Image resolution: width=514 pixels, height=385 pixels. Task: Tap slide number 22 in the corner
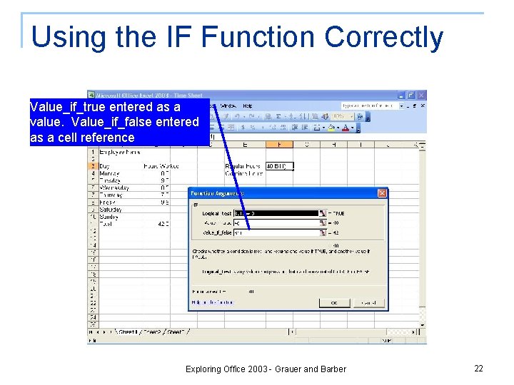(478, 368)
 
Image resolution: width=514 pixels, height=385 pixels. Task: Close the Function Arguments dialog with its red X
(382, 193)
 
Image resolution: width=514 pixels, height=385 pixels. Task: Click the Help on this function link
(213, 302)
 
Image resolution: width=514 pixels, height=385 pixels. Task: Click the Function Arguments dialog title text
(218, 193)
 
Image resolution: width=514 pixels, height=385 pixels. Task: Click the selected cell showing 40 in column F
(279, 166)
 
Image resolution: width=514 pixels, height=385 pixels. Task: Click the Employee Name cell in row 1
(119, 151)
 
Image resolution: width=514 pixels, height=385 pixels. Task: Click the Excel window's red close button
(421, 95)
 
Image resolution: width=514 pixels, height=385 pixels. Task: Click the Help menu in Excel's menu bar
(248, 106)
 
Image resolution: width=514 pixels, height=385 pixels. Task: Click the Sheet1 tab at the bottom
(127, 332)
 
